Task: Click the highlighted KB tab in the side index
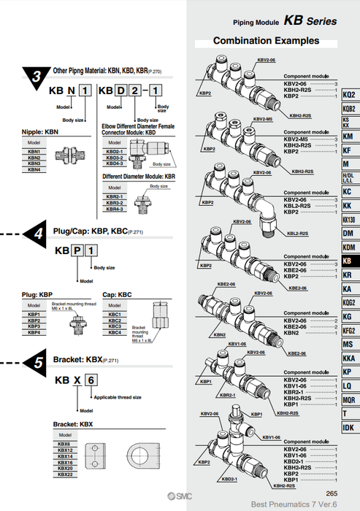coord(349,261)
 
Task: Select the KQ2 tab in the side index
coord(349,96)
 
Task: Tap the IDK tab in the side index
coord(349,428)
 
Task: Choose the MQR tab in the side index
coord(349,399)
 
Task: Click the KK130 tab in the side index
coord(349,220)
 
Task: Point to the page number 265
coord(332,493)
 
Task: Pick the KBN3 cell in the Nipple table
coord(34,164)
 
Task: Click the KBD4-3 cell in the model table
coord(115,163)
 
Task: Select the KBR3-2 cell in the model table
coord(115,203)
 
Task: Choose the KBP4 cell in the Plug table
coord(34,332)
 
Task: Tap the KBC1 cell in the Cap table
coord(115,315)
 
